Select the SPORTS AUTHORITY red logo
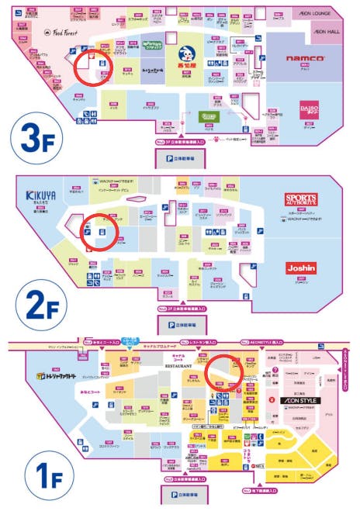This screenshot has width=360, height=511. (301, 200)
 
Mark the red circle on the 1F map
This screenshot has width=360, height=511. (225, 370)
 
